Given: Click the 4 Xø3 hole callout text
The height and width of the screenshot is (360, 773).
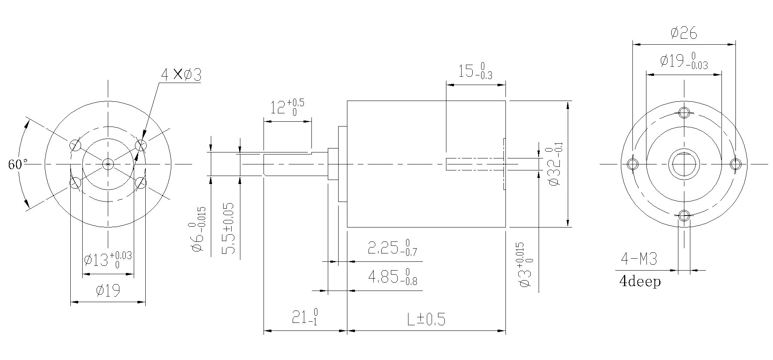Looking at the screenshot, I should pos(181,74).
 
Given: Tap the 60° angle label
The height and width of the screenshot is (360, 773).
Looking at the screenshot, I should pos(18,164).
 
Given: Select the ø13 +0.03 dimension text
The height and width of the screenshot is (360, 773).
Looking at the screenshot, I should pos(108,260).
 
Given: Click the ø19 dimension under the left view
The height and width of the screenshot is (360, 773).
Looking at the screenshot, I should pos(108,291).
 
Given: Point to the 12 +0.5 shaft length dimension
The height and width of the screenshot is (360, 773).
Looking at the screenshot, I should pos(287,107).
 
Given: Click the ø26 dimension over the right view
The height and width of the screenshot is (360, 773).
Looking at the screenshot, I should pos(684,33).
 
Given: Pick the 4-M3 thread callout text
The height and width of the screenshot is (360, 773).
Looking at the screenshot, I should pos(638,259).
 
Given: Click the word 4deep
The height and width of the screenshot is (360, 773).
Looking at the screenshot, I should pos(640,282).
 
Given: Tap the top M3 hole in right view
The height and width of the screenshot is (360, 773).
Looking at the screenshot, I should pos(684,112).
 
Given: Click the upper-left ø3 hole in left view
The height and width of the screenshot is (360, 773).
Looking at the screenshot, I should pos(75,145).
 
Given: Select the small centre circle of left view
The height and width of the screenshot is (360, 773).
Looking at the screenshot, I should pos(108,164).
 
